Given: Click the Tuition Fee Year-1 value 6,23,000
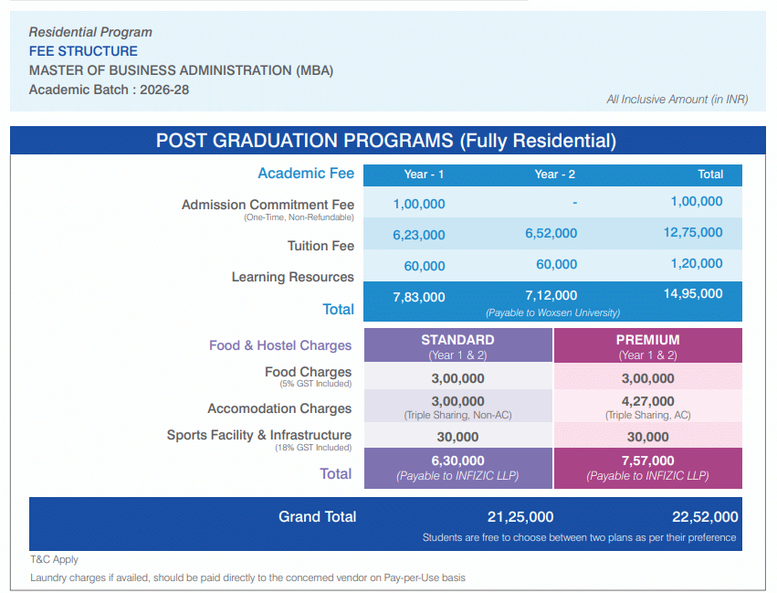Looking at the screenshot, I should point(419,235).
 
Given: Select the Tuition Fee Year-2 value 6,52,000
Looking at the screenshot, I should point(551,233).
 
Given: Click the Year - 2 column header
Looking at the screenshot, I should point(555,175).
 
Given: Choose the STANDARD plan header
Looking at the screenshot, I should point(457,340).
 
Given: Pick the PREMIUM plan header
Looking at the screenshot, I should point(647,340).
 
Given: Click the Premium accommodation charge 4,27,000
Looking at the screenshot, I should point(647,401).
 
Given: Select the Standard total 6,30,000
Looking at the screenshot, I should point(457,461).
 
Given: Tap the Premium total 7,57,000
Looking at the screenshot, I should point(647,461).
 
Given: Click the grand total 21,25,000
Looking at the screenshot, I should point(520,517).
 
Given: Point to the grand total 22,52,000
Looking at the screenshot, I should point(704,517).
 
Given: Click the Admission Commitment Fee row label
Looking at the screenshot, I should point(268,205).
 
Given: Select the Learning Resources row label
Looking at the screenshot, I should point(292,277).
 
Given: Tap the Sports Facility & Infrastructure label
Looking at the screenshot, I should point(258,435).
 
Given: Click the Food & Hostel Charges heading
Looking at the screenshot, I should point(280,345).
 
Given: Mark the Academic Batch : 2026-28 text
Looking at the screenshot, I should point(109,90).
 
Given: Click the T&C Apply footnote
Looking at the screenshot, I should point(54,559).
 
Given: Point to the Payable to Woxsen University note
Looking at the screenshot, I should point(552,312).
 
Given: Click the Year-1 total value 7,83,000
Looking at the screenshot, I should point(419,297).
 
